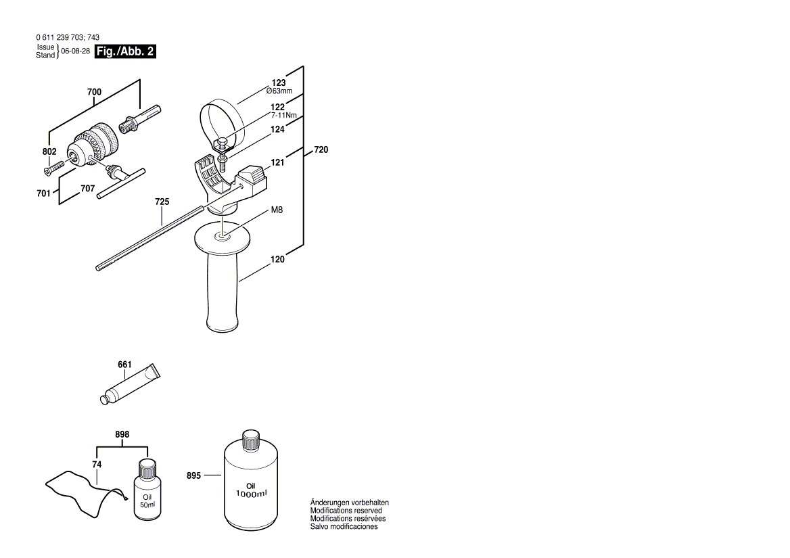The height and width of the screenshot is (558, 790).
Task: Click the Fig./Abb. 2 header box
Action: pos(125,51)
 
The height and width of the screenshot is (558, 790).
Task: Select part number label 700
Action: pos(94,92)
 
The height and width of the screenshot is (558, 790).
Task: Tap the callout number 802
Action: pos(49,152)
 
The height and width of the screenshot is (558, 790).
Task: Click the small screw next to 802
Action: pos(54,167)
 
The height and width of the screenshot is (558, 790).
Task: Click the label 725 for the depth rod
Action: pos(162,202)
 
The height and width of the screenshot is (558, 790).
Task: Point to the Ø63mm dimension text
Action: pos(279,91)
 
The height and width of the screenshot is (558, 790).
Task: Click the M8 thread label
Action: pos(277,210)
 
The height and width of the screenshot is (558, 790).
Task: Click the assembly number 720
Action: pos(321,150)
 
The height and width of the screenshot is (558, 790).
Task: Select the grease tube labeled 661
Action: pos(130,385)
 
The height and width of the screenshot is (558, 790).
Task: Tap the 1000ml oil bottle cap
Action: pos(251,440)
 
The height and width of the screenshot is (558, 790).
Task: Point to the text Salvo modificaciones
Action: pos(344,527)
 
